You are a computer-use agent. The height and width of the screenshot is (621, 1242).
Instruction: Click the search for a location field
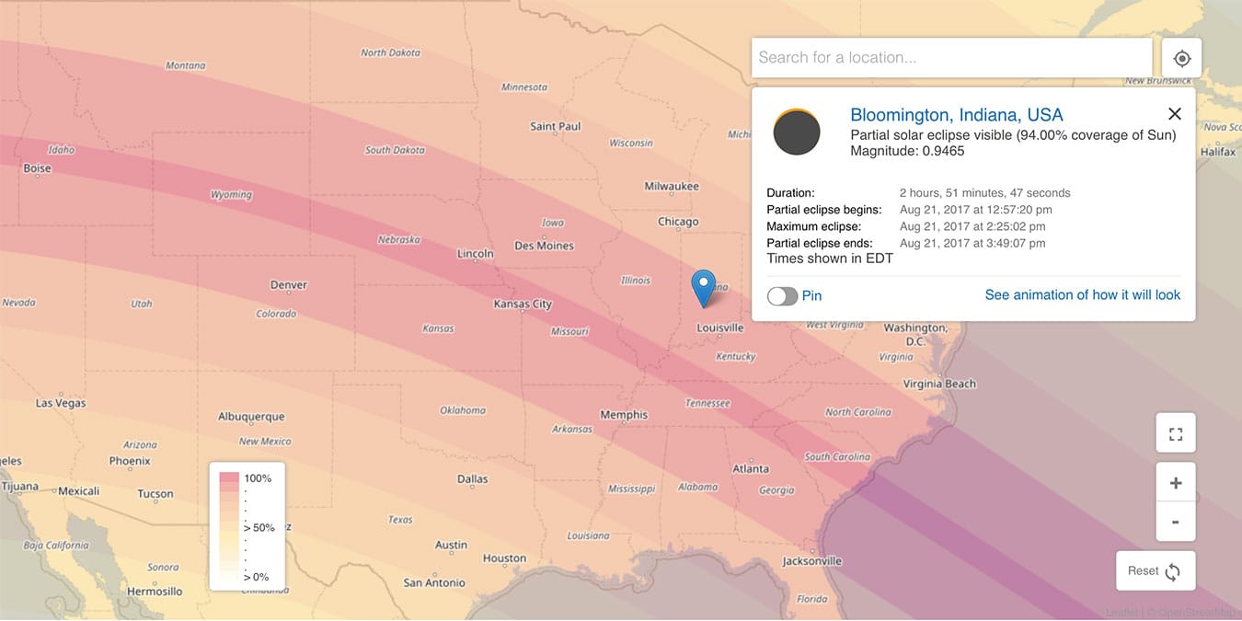[951, 58]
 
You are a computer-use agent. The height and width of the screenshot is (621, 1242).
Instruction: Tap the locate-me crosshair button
[1181, 59]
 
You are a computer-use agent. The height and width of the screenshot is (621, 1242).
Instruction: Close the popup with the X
[1174, 114]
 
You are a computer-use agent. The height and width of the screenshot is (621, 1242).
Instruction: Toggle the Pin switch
[782, 296]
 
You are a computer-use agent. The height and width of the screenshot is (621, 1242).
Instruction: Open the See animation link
[1082, 295]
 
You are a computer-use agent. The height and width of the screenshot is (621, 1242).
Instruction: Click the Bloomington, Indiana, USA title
[956, 115]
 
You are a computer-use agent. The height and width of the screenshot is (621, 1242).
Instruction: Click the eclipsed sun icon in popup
[797, 132]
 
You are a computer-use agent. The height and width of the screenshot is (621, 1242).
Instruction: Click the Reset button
[1155, 571]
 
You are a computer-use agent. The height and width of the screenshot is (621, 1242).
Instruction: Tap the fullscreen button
[1175, 434]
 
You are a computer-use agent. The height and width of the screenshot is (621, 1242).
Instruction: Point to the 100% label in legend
[258, 478]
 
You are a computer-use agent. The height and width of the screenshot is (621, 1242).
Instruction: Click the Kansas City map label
[523, 304]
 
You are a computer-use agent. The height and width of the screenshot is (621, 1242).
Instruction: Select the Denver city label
[288, 285]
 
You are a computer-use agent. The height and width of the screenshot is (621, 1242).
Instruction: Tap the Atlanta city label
[750, 468]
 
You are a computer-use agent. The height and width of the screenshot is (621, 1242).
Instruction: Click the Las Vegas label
[61, 403]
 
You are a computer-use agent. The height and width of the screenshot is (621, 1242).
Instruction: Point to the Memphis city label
[624, 415]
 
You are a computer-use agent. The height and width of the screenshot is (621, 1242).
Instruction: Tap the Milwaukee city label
[672, 187]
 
